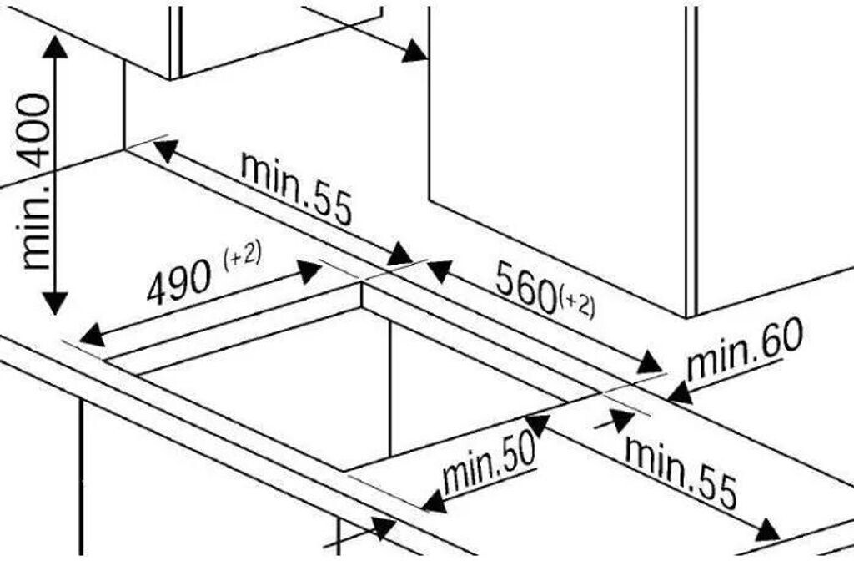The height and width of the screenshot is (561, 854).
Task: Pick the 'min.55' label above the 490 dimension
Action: pos(296,189)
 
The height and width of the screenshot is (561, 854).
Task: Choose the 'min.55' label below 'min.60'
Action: pos(681,473)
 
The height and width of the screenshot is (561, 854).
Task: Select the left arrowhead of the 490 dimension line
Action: pos(91,336)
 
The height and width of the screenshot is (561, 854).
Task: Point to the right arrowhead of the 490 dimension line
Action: pos(309,270)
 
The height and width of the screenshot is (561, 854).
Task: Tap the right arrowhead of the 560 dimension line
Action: pos(650,364)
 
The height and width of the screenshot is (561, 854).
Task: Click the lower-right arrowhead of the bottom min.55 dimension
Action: pos(766,531)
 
